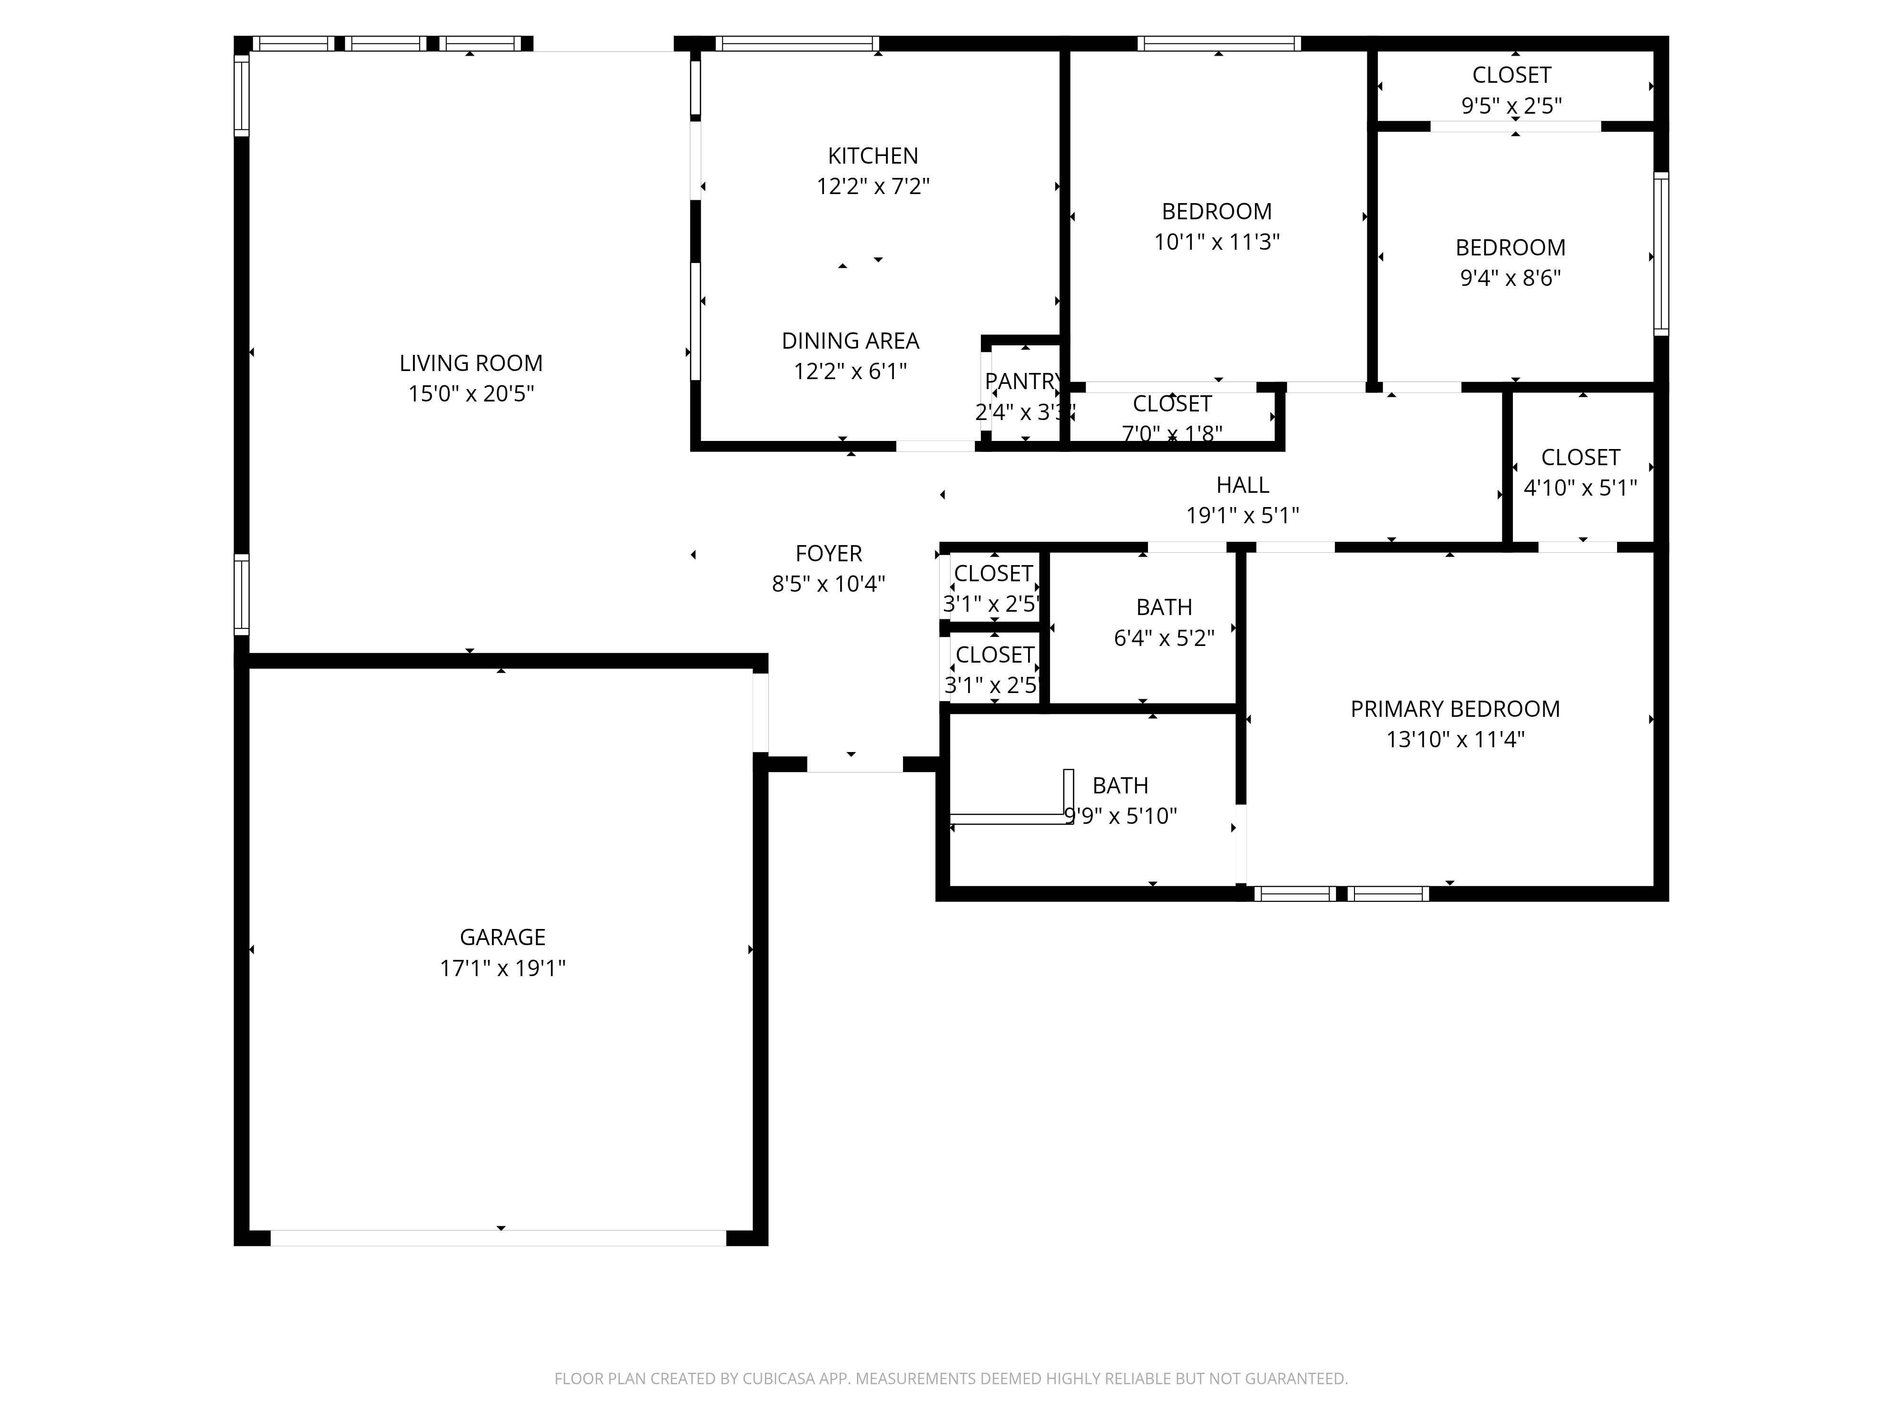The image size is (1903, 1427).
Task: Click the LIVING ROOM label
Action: (471, 363)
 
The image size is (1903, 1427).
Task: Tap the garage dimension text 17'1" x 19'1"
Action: (502, 968)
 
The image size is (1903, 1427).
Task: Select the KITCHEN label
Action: (873, 156)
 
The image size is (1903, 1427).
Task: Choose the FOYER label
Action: (828, 553)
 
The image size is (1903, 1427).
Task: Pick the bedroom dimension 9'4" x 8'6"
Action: (1510, 278)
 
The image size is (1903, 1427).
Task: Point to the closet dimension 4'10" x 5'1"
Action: (1579, 488)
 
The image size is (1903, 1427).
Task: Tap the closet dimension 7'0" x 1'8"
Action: (1172, 433)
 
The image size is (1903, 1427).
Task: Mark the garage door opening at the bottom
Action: (499, 1238)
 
